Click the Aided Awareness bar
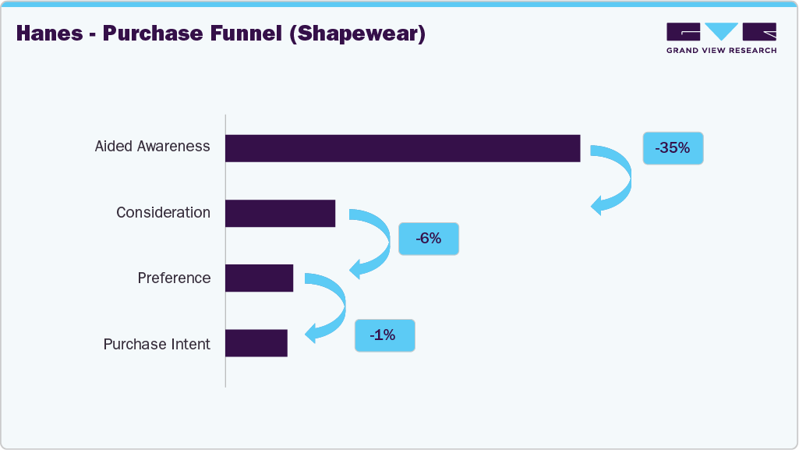(402, 148)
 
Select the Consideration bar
(280, 213)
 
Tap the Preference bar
(259, 278)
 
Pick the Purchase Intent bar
(256, 344)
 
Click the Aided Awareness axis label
(152, 147)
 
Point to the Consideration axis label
(163, 212)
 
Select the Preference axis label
(174, 278)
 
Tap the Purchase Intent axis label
(157, 345)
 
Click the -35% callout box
(673, 147)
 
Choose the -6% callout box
(428, 239)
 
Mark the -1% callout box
(384, 335)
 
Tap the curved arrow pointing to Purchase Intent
(332, 307)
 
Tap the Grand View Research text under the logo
(721, 51)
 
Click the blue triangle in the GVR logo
(722, 32)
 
